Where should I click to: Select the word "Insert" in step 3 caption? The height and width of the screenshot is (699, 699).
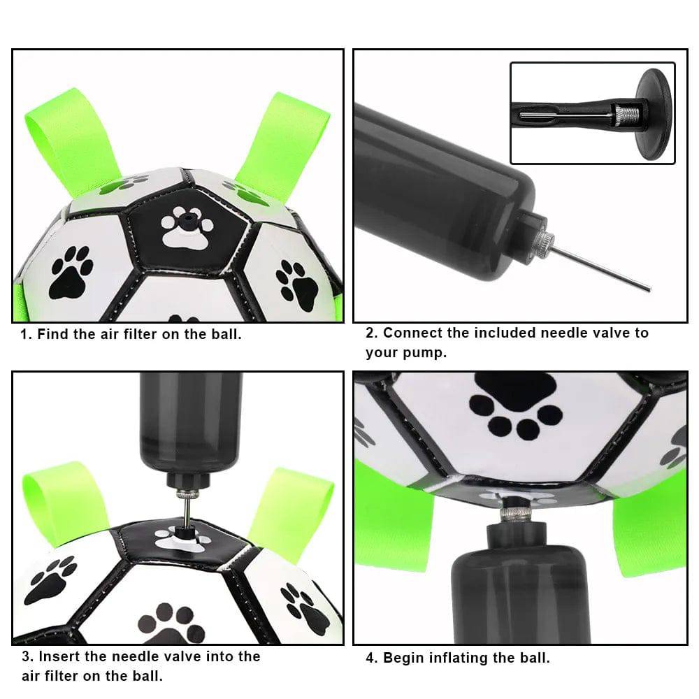point(62,656)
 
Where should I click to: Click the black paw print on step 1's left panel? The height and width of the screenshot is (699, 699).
point(70,272)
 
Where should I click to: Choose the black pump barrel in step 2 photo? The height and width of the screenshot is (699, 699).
point(440,196)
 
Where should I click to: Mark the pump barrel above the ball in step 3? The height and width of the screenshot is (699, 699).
point(190,419)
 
